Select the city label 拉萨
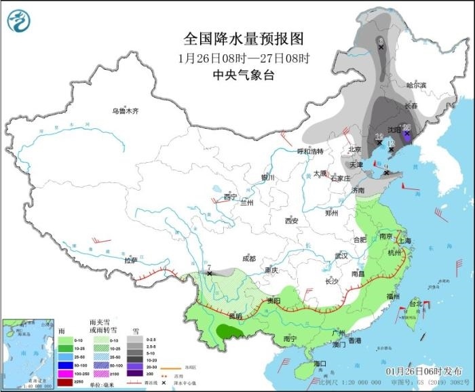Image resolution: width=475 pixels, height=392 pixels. (131, 260)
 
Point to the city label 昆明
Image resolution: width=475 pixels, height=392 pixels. (235, 315)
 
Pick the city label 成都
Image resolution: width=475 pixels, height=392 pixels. (248, 258)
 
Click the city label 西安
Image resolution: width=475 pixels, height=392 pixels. (292, 220)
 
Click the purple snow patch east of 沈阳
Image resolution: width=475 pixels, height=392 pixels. (406, 134)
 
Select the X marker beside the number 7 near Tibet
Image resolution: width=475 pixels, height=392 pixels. (210, 273)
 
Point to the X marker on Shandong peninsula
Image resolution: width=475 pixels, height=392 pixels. (386, 173)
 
